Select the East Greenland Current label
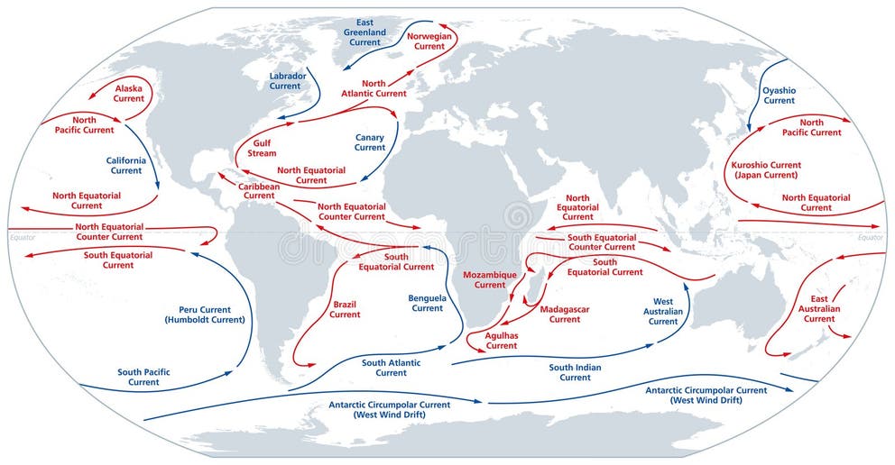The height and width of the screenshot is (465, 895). pos(364,32)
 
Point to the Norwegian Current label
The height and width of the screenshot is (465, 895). pos(429,41)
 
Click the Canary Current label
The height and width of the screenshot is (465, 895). pos(370,142)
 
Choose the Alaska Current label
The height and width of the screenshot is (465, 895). pos(129,93)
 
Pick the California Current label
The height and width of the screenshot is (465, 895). pos(126,165)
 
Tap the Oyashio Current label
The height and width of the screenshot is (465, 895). pos(780,96)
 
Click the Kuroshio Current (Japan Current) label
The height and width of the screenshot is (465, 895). pos(766,170)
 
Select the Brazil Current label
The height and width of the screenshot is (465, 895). pos(345,309)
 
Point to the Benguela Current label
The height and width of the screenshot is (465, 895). pos(427,303)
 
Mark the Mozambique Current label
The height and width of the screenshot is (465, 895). pos(490,279)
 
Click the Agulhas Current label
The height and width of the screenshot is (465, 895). pos(502,340)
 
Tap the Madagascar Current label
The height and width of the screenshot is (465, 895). pos(565,314)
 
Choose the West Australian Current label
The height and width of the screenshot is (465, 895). pos(663,311)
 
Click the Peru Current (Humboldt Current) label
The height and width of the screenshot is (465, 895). pos(204,315)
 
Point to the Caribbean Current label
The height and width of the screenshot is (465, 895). pos(259,190)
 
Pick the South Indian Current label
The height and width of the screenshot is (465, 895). pos(575,372)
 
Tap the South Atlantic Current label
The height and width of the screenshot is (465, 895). pos(392,368)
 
